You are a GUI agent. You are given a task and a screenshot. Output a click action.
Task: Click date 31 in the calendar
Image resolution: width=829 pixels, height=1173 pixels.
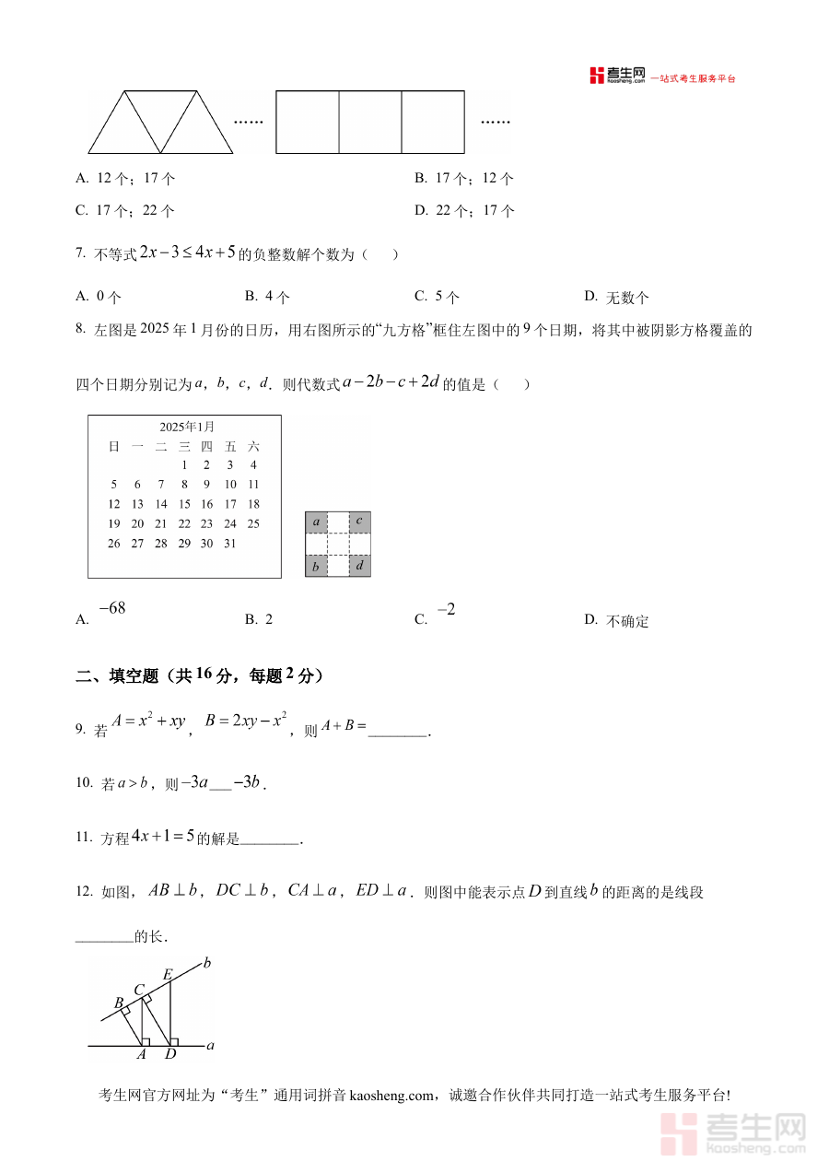coord(229,544)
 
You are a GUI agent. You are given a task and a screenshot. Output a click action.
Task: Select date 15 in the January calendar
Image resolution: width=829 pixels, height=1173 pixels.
coord(184,504)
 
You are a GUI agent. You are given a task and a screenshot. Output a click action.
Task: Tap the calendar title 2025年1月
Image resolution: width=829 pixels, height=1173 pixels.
coord(186,427)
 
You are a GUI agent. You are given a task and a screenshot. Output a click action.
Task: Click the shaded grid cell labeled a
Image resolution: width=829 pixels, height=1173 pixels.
coord(316,522)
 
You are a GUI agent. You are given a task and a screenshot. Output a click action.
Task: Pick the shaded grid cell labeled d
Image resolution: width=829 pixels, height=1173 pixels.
coord(359,566)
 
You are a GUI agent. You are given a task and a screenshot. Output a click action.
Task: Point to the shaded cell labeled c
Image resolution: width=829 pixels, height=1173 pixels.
coord(359,522)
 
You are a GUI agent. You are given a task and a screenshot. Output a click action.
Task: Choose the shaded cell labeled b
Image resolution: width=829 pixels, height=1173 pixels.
coord(316,566)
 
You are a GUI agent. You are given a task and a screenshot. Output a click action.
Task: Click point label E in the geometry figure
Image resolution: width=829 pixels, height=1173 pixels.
coord(168,974)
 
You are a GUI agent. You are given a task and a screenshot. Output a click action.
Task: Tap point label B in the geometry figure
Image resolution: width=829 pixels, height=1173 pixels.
coord(119,1003)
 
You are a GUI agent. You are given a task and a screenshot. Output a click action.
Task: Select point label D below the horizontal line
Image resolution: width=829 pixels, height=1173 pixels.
coord(170,1054)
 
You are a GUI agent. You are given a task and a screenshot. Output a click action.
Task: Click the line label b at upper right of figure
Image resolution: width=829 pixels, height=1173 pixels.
coord(207,964)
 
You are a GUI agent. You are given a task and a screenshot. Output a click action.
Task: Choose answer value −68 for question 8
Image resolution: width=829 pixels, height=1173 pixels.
coord(111,608)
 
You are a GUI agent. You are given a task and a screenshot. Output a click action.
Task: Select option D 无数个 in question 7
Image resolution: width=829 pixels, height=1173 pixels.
coord(617,297)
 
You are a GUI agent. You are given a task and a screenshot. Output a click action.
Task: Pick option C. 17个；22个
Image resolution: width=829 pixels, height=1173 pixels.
coord(125,211)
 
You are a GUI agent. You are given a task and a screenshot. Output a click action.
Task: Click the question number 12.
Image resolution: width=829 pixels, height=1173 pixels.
coord(84,891)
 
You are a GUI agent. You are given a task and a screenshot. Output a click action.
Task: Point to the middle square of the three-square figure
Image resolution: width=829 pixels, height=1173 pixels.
coord(370,122)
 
